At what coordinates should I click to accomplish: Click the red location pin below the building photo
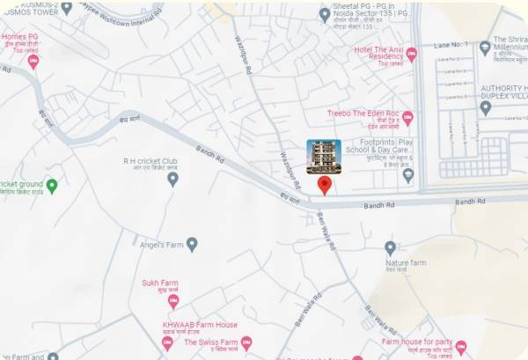pyautogui.click(x=324, y=184)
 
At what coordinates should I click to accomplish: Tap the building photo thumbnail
pyautogui.click(x=324, y=157)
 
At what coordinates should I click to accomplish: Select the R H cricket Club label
pyautogui.click(x=150, y=161)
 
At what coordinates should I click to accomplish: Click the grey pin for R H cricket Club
pyautogui.click(x=172, y=179)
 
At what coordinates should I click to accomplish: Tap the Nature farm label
pyautogui.click(x=406, y=262)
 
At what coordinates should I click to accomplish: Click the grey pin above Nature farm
pyautogui.click(x=391, y=247)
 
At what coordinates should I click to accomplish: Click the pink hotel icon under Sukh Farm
pyautogui.click(x=173, y=301)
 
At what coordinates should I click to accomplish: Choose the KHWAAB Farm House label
pyautogui.click(x=201, y=325)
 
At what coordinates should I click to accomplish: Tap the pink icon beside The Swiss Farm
pyautogui.click(x=246, y=342)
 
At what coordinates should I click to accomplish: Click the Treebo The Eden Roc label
pyautogui.click(x=363, y=114)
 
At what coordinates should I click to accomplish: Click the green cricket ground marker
pyautogui.click(x=52, y=186)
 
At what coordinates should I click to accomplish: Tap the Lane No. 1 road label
pyautogui.click(x=450, y=43)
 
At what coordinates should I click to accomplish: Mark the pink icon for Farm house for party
pyautogui.click(x=460, y=348)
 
